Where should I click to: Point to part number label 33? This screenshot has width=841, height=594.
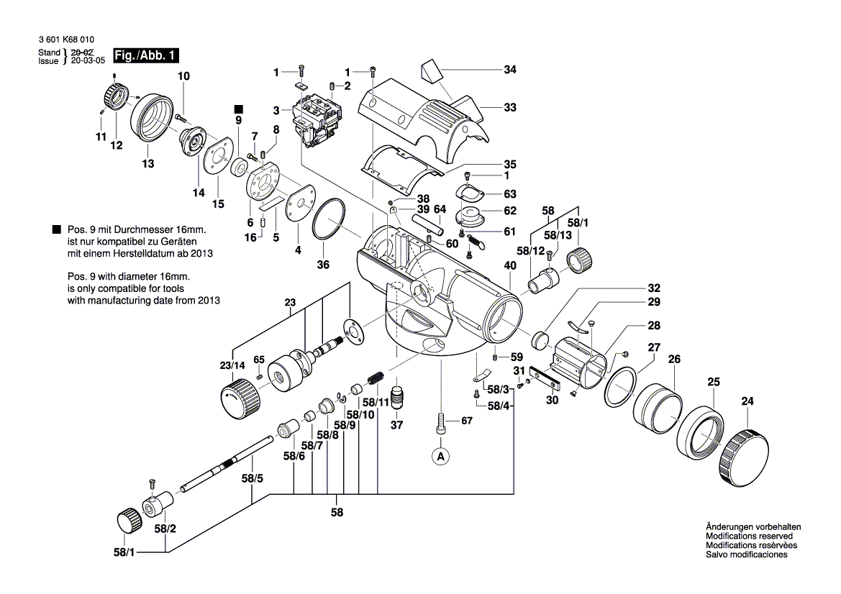click(x=509, y=108)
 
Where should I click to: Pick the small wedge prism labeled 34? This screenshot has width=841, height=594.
click(x=431, y=71)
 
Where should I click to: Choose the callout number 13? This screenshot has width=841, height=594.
click(x=147, y=164)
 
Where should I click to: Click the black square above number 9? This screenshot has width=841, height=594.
click(x=240, y=108)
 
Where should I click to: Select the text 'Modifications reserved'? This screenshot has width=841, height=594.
click(x=749, y=536)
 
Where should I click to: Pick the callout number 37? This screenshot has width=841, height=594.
click(x=396, y=425)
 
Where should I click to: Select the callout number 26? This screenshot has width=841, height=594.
click(x=674, y=358)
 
